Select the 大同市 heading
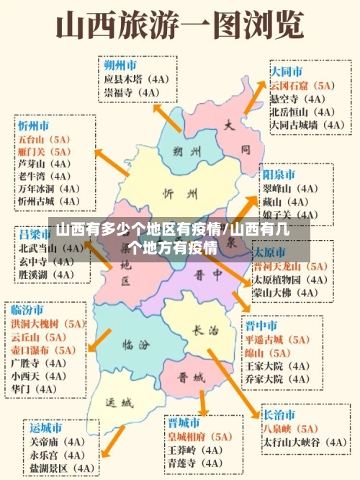pos(287,72)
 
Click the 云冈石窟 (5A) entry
pos(302,86)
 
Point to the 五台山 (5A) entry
pos(45,138)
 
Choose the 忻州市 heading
pos(34,125)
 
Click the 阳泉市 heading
pos(279,175)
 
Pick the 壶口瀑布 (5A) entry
pos(48,350)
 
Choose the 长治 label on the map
pos(204,331)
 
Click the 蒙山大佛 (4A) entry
pos(286,292)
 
